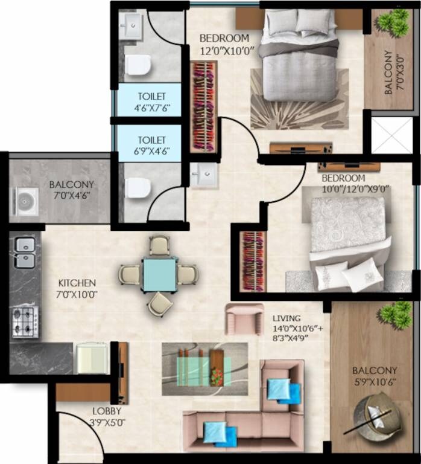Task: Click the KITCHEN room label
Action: tap(77, 283)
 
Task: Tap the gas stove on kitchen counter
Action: tap(25, 322)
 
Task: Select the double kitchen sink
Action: tap(25, 253)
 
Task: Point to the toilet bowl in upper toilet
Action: tap(139, 64)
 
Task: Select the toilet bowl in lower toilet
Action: tap(139, 188)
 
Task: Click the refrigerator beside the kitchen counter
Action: tap(90, 359)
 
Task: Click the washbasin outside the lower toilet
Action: tap(203, 176)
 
